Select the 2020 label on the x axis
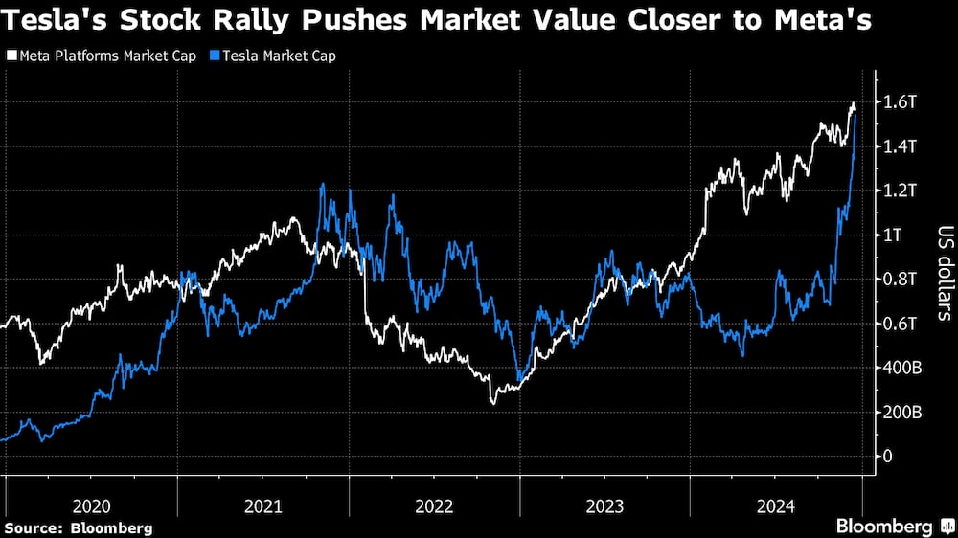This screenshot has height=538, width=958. coord(92,504)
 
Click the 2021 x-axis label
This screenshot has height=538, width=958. coord(263,504)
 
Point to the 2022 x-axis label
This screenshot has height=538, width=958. coord(434,504)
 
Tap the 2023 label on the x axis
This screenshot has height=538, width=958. coord(604,504)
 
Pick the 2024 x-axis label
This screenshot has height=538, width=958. coord(775,504)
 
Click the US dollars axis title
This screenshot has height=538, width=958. coord(943,273)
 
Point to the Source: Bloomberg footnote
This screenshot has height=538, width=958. coord(79,527)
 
